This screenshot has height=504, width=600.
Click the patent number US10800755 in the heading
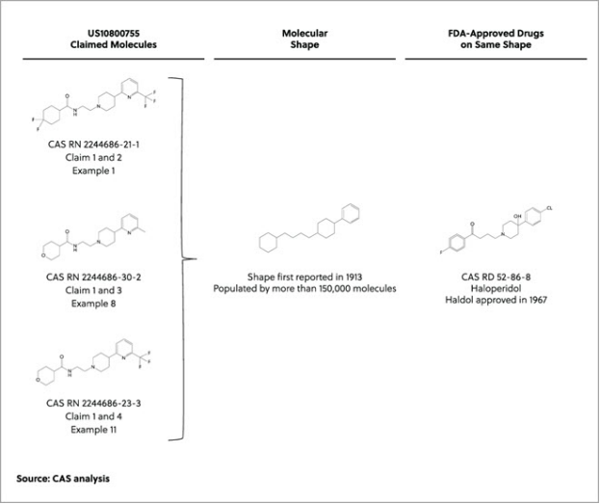(x=114, y=34)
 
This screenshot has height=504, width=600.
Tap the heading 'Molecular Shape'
(x=304, y=39)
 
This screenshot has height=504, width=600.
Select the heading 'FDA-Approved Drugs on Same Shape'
(x=496, y=39)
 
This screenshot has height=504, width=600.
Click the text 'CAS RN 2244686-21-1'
(x=93, y=145)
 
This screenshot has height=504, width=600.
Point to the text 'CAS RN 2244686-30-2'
(x=93, y=277)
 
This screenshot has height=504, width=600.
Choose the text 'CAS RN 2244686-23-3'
(x=93, y=403)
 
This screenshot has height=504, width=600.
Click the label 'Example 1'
(x=93, y=171)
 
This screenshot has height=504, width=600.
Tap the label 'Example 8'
(x=93, y=304)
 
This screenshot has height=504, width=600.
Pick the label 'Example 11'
(x=93, y=430)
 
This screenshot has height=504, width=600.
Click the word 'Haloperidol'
(x=496, y=288)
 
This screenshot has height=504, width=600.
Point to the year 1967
(x=538, y=300)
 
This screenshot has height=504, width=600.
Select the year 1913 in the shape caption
(x=353, y=277)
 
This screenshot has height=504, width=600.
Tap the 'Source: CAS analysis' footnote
(x=64, y=478)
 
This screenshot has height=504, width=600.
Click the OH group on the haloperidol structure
(x=517, y=217)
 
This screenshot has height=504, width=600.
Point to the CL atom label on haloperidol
(x=550, y=208)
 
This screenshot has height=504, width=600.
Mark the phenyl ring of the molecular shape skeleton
(x=351, y=213)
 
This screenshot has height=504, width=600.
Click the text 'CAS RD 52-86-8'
(x=496, y=277)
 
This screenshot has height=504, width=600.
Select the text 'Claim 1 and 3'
(x=93, y=290)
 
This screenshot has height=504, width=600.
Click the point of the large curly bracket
(x=196, y=259)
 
